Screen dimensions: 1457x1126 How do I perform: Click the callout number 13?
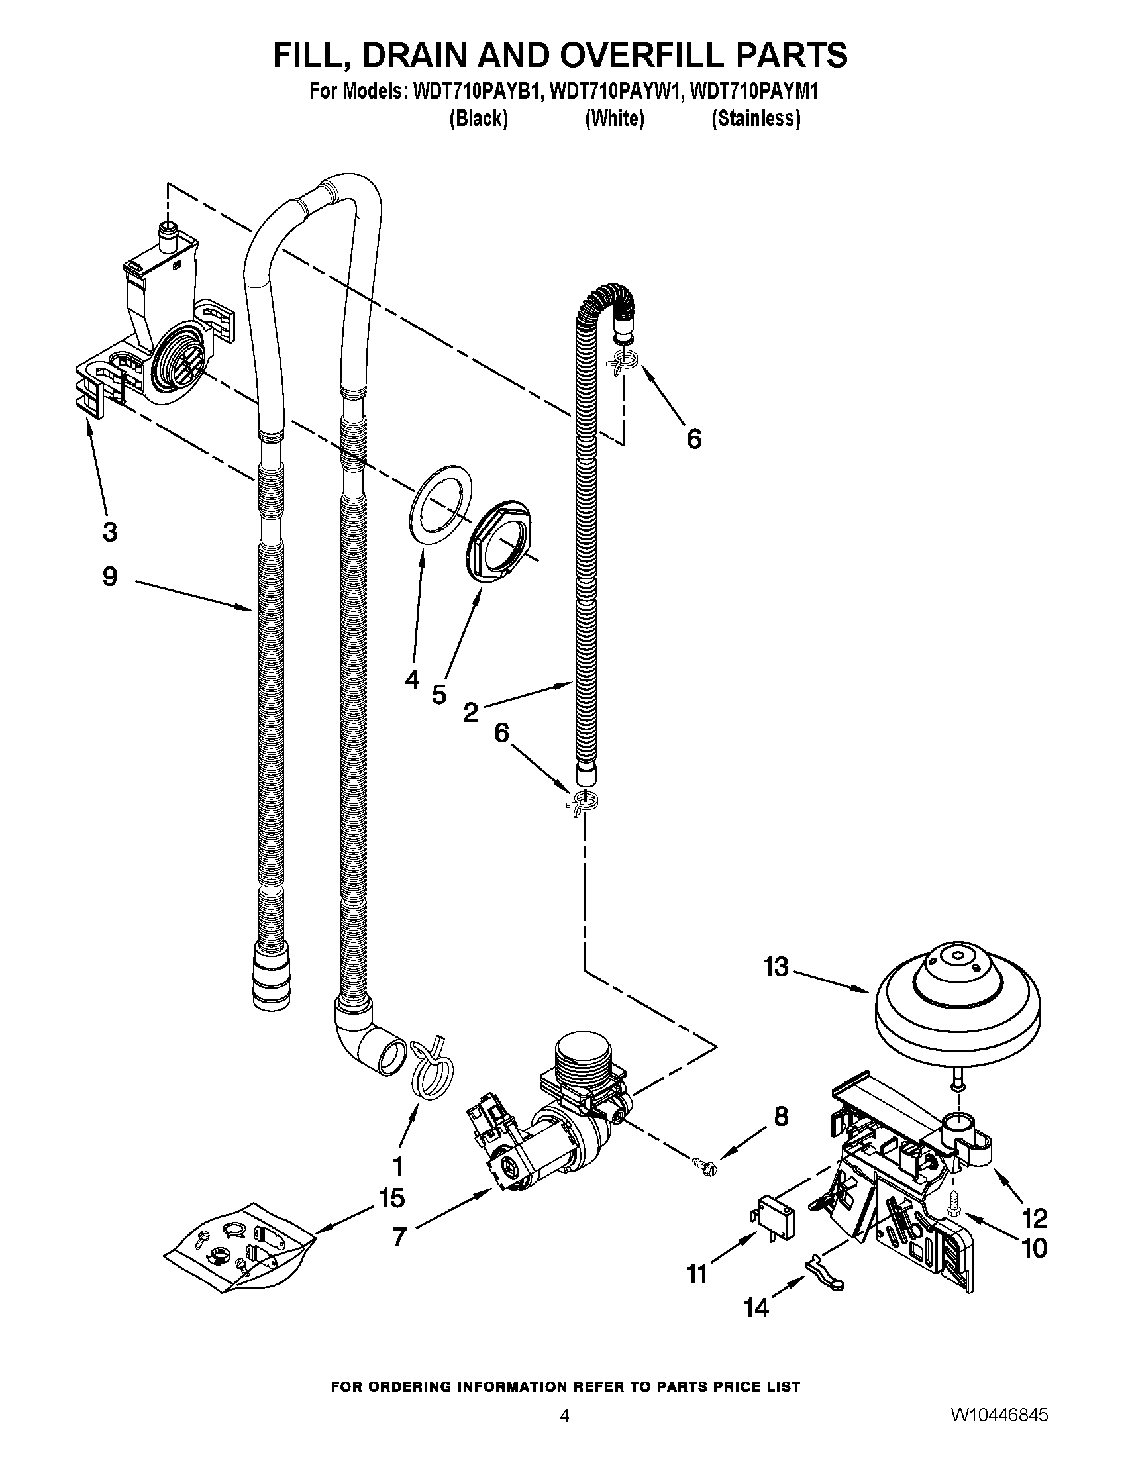[x=776, y=967]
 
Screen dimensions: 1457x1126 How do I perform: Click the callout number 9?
[x=110, y=576]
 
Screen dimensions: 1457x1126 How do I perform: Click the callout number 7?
[x=399, y=1237]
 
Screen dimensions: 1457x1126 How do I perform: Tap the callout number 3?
[x=110, y=532]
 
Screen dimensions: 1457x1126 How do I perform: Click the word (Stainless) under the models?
[x=756, y=119]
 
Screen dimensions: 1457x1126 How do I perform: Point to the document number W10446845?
[x=999, y=1429]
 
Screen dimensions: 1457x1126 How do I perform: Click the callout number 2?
[x=471, y=713]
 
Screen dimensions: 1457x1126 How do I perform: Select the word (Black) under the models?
[x=478, y=119]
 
